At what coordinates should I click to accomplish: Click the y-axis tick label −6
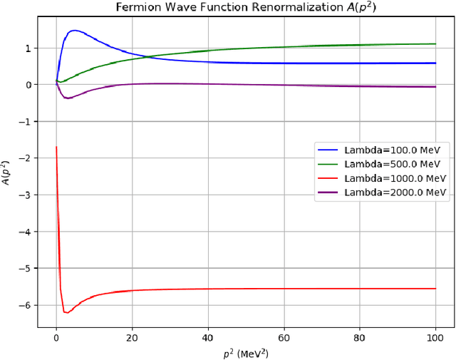click(27, 305)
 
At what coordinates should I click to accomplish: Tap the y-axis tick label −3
click(27, 195)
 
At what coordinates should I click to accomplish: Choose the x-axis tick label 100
click(435, 337)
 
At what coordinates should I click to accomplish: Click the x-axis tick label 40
click(208, 337)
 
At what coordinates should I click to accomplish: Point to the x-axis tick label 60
click(284, 337)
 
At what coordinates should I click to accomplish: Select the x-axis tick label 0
click(56, 337)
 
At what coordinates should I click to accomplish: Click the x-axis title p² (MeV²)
click(245, 351)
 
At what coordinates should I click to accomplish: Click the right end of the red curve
click(435, 289)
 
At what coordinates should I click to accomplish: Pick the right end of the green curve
click(435, 44)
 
